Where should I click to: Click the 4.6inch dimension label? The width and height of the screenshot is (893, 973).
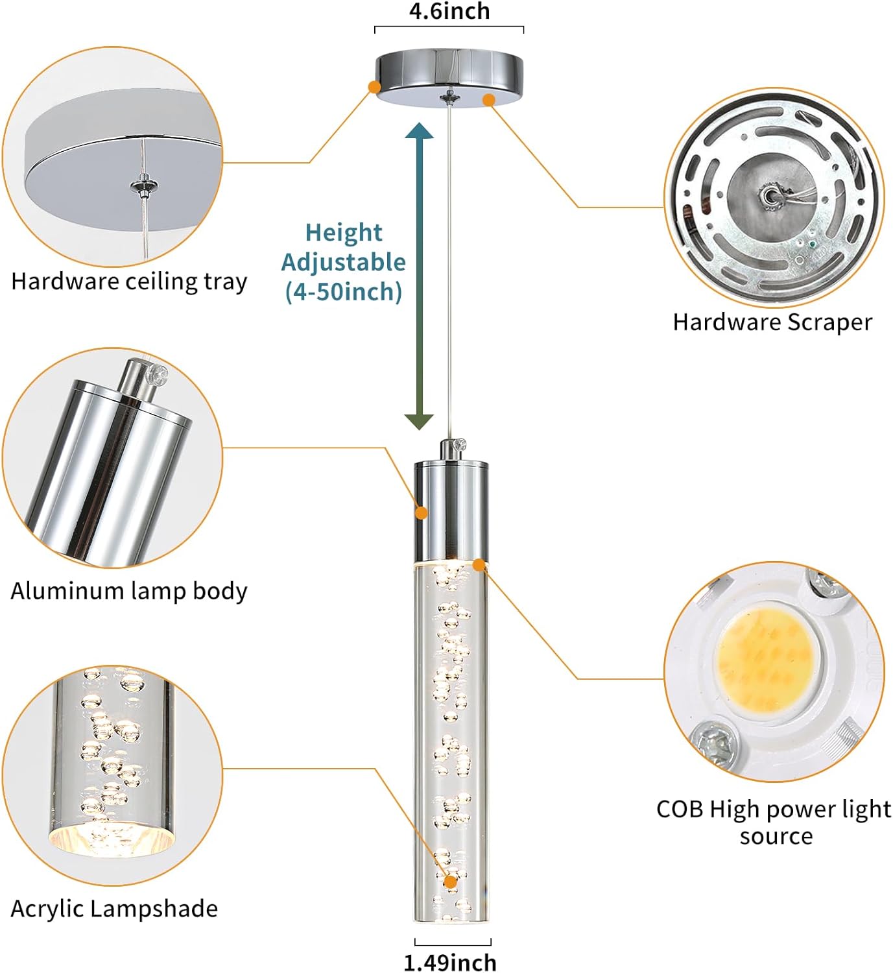pos(449,11)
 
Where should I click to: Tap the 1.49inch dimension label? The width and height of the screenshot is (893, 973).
pos(450,962)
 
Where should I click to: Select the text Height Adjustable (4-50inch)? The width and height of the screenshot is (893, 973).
pos(343,262)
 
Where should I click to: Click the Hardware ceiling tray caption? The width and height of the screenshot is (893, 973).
pos(129,282)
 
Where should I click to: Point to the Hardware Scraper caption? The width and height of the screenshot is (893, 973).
pos(772,322)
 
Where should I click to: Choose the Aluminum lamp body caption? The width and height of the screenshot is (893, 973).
pos(128,591)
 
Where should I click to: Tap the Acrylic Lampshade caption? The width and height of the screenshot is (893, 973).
pos(114,908)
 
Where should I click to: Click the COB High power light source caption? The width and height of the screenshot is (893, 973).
pos(774,822)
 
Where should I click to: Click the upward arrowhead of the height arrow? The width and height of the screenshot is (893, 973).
pos(420,131)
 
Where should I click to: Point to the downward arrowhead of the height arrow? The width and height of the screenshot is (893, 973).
pos(420,421)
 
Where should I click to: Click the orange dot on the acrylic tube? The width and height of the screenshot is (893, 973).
pos(450,882)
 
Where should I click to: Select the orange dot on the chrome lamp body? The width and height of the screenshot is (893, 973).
pos(422,513)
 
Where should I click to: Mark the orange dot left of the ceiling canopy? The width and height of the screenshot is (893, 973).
pos(374,86)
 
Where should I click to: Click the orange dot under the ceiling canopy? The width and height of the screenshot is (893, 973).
pos(489,99)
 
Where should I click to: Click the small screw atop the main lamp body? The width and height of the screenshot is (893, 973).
pos(461,445)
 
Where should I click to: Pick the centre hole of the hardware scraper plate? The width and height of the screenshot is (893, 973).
pos(770,196)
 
